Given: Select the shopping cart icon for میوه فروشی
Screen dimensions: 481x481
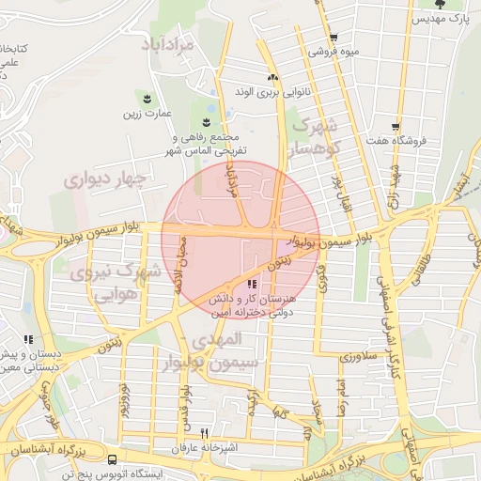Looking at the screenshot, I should click(333, 39).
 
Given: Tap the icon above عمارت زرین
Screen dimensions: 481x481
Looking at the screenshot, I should click(147, 98).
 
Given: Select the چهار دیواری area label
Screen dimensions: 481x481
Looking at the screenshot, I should click(106, 178).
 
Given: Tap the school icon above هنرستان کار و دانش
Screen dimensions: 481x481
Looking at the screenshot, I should click(251, 284).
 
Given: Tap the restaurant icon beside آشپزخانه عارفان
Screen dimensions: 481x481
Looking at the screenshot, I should click(205, 433).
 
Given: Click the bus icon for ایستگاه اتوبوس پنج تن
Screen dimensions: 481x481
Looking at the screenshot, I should click(113, 459).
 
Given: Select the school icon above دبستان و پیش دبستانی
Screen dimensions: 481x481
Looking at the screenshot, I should click(28, 339).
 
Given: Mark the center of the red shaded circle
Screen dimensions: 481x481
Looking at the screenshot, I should click(241, 239).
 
